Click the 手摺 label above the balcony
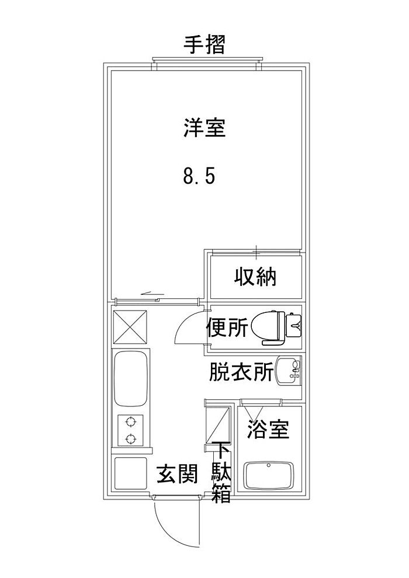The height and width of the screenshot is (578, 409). [204, 45]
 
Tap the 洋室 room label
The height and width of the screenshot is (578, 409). [204, 127]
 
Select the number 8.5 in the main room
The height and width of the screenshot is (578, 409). [199, 176]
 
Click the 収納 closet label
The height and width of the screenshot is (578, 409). [255, 277]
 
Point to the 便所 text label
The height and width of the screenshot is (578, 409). [227, 328]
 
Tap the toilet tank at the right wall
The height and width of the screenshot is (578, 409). [294, 325]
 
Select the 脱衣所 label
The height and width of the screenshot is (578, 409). [241, 372]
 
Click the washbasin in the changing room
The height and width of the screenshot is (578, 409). [289, 371]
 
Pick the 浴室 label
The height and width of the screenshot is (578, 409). [268, 430]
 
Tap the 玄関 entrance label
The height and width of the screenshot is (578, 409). [178, 474]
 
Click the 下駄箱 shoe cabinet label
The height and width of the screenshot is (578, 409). [221, 472]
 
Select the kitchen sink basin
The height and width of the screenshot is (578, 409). [131, 378]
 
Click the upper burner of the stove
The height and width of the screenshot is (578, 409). [130, 421]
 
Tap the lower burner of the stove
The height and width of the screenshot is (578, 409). [130, 438]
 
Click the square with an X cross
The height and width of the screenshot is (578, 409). [130, 327]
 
